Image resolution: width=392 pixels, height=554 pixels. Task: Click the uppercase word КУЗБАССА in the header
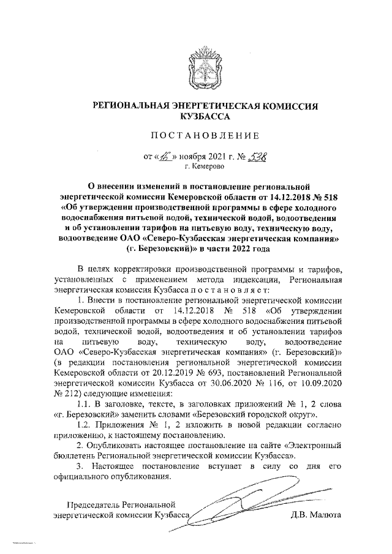click(196, 115)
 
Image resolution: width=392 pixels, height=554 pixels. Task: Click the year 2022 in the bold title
click(236, 248)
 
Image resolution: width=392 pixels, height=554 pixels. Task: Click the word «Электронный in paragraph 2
click(306, 446)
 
